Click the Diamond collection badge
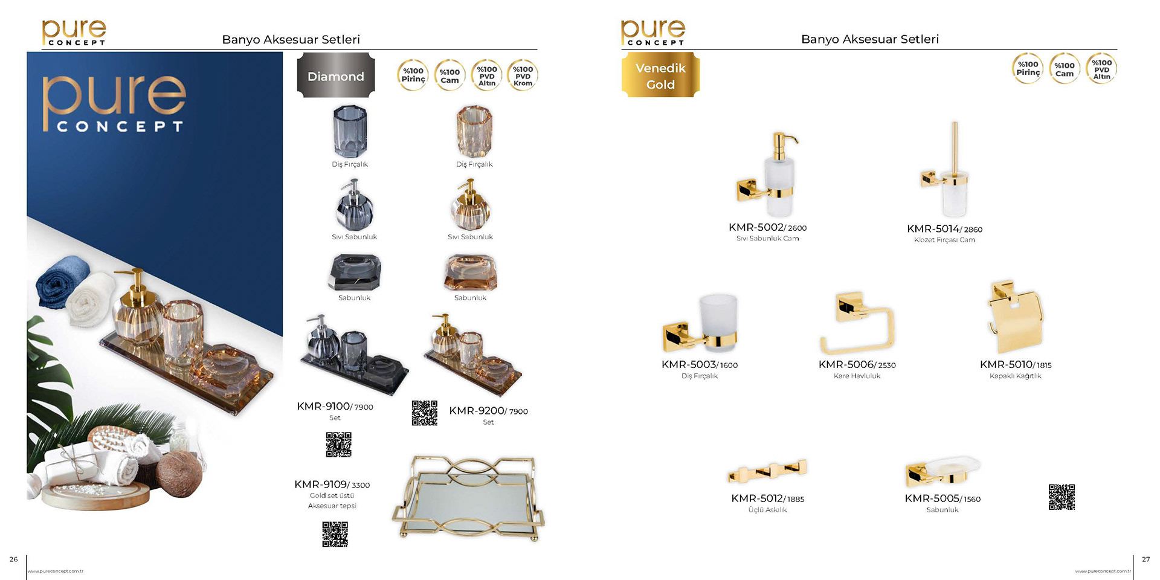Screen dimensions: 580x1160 (336, 76)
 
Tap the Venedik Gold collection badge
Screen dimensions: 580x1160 (660, 76)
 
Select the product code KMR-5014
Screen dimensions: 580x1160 (933, 229)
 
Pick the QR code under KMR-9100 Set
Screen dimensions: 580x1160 (338, 445)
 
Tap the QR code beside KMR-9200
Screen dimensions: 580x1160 (425, 413)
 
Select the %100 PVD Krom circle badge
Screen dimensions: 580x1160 (523, 76)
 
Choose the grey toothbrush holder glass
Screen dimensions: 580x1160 (350, 131)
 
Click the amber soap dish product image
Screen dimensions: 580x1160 (471, 272)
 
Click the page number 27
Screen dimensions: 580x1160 (1145, 559)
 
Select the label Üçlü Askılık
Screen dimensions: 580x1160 (767, 510)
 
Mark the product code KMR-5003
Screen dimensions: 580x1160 (689, 365)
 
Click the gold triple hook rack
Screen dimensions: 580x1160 (767, 471)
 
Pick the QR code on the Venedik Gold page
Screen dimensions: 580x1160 (1062, 497)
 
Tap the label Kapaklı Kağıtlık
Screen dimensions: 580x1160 (1015, 376)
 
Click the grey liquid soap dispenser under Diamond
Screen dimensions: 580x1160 (355, 205)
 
